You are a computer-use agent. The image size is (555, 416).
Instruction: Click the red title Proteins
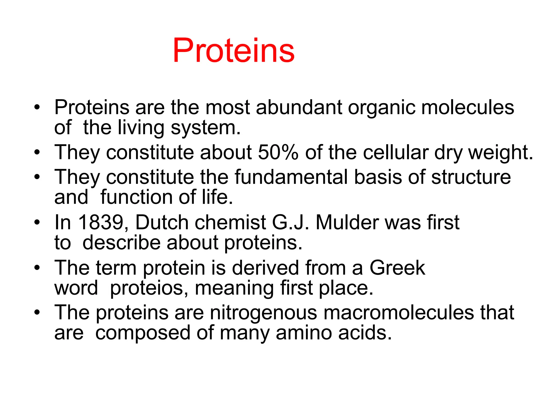pos(234,51)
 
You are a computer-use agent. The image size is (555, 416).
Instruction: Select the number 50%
pos(278,152)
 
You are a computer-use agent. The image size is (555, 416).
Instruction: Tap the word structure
pos(471,177)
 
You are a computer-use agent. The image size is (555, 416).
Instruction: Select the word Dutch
pos(162,222)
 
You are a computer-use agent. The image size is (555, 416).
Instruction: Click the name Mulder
pos(347,222)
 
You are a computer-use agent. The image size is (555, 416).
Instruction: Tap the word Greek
pos(397,268)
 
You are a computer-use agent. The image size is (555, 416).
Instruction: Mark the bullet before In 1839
pos(37,223)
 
